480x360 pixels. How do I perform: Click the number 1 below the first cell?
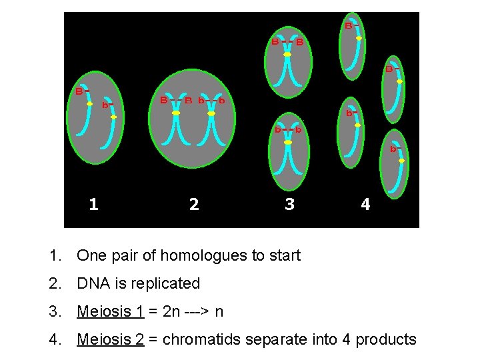coord(93,204)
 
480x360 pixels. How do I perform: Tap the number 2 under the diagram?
coord(193,204)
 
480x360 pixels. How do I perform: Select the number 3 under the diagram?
coord(289,204)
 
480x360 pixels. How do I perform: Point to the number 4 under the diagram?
coord(365,204)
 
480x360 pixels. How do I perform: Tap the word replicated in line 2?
coord(167,283)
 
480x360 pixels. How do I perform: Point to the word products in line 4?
coord(386,339)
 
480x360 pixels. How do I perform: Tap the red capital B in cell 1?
coord(78,91)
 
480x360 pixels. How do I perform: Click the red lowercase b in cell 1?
coord(105,105)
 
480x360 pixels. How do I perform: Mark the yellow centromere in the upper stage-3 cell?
coord(287,55)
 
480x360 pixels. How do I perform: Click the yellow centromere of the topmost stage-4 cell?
coord(359,39)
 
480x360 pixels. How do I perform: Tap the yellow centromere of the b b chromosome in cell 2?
coord(211,114)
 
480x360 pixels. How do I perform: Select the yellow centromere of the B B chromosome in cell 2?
coord(176,114)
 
